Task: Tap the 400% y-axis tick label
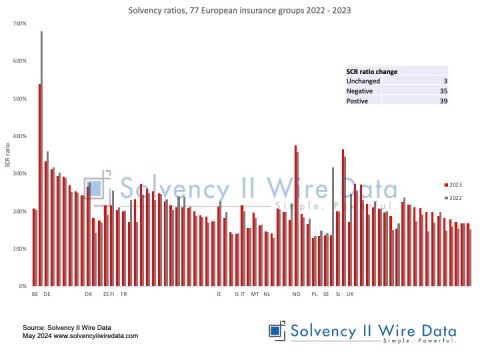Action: (x=20, y=136)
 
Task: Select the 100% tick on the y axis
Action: (x=20, y=249)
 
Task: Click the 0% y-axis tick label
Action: (x=22, y=287)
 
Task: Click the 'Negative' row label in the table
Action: (x=359, y=92)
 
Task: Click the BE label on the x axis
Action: (x=35, y=294)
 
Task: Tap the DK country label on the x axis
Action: (x=88, y=294)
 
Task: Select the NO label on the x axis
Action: (x=296, y=294)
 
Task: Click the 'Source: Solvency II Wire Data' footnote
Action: (x=65, y=327)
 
